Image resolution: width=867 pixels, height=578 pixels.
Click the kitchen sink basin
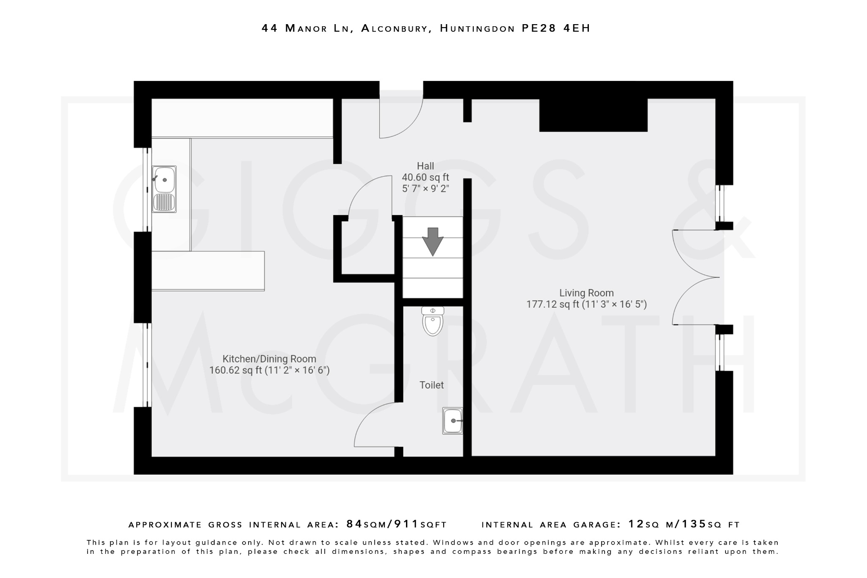click(165, 180)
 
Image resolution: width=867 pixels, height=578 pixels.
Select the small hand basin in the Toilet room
click(453, 420)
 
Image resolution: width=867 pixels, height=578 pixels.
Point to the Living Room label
click(586, 293)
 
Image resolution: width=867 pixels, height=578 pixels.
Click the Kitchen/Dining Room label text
click(269, 359)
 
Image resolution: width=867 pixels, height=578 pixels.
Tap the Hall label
click(425, 166)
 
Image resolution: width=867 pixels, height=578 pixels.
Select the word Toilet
click(431, 385)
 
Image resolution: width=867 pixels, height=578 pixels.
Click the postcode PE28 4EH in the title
click(555, 28)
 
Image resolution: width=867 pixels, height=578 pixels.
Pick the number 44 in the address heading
click(270, 28)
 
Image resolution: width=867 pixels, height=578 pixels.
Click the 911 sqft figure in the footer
click(406, 524)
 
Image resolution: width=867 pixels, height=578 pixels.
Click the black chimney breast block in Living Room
click(593, 115)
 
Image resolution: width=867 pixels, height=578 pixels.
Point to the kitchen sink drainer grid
click(164, 202)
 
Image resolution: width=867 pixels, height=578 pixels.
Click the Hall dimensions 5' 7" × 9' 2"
click(425, 189)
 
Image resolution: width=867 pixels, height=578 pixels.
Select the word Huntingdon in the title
click(477, 28)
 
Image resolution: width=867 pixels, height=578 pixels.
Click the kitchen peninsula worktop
click(207, 271)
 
